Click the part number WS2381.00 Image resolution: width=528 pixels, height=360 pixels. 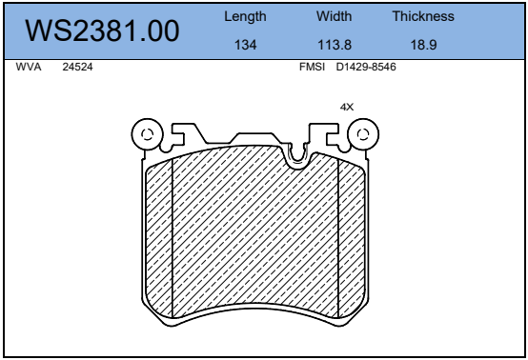pyautogui.click(x=102, y=31)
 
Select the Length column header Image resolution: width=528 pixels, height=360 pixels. pyautogui.click(x=245, y=16)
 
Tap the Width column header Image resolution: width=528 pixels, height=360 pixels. pyautogui.click(x=334, y=16)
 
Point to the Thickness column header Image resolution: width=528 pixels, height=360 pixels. pyautogui.click(x=423, y=16)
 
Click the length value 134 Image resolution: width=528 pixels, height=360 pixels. pyautogui.click(x=246, y=45)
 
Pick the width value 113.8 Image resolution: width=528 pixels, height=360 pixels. pyautogui.click(x=335, y=45)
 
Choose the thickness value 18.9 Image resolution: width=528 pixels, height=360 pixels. pyautogui.click(x=423, y=45)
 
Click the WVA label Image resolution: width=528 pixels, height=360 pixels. pyautogui.click(x=29, y=67)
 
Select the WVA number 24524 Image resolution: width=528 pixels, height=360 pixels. pyautogui.click(x=77, y=67)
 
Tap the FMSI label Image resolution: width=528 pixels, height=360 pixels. pyautogui.click(x=313, y=67)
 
